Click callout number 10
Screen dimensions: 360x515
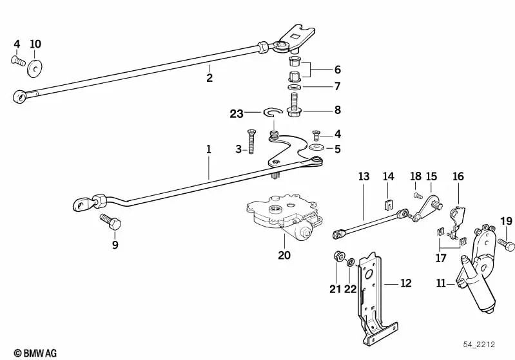coord(35,44)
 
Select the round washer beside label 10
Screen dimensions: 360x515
coord(35,66)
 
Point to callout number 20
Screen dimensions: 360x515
coord(284,255)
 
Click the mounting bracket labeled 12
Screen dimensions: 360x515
coord(369,296)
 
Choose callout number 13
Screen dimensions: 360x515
coord(364,176)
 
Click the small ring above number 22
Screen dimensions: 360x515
coord(351,263)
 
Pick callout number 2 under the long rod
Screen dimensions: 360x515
coord(209,78)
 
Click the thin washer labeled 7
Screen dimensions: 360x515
coord(294,86)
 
